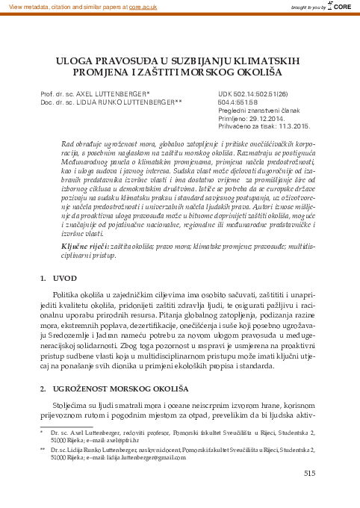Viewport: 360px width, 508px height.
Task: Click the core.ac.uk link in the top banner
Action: (148, 5)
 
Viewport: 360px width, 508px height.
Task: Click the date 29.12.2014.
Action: (272, 118)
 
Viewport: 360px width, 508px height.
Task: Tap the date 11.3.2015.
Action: (288, 126)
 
